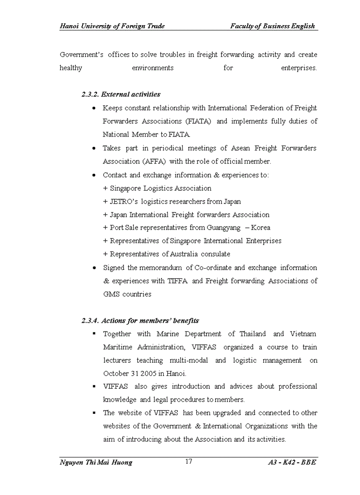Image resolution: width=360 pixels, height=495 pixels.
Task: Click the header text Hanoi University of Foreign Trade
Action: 112,26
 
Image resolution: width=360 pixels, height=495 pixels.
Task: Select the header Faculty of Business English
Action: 272,26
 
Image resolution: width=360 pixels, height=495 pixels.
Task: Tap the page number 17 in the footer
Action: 188,462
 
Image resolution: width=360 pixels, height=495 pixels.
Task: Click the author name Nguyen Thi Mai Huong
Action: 96,462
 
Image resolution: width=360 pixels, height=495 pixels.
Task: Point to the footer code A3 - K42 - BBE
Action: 292,462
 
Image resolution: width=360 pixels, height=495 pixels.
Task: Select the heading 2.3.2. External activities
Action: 121,94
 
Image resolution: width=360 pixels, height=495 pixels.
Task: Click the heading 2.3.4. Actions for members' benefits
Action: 140,320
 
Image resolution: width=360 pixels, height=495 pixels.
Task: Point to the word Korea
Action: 260,228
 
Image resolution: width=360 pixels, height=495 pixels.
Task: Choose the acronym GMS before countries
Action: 111,294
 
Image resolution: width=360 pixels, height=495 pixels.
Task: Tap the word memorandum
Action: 161,268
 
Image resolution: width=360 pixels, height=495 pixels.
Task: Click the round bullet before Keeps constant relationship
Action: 94,108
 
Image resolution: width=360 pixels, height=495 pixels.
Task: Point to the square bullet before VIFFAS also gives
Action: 94,386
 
